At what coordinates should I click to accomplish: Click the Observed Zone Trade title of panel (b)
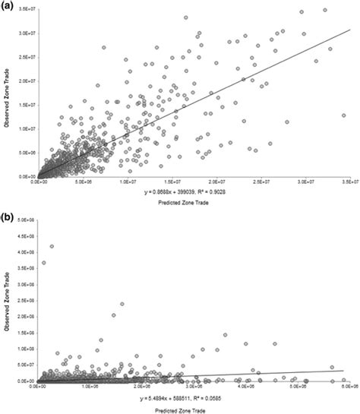(x=6, y=300)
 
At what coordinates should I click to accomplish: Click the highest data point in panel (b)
(x=52, y=246)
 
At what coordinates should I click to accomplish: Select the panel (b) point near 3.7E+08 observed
(x=43, y=263)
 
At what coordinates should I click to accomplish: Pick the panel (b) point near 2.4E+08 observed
(x=122, y=304)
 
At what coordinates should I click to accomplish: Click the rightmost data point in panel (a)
(x=343, y=115)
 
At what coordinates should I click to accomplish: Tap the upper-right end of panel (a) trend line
(x=349, y=31)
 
